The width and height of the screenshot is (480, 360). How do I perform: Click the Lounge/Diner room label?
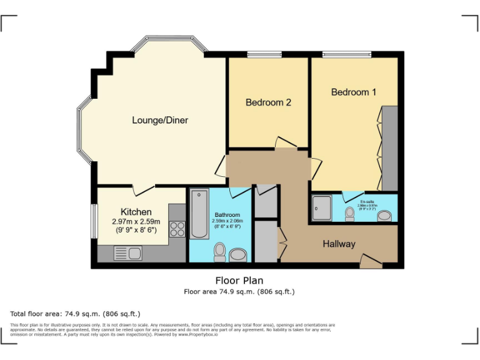[160, 120]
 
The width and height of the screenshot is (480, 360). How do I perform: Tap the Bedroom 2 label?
[268, 102]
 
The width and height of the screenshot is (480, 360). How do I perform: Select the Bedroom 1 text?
[354, 92]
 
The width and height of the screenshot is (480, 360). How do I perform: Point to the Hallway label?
[339, 244]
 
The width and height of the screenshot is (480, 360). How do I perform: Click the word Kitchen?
[136, 212]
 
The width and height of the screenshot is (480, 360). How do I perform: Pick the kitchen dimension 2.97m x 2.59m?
[136, 221]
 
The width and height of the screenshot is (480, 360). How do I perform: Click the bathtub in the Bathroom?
[199, 214]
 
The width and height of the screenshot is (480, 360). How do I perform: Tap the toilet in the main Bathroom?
[219, 252]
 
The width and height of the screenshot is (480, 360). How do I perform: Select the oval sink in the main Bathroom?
[238, 255]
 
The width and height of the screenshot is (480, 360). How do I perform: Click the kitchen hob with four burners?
[177, 229]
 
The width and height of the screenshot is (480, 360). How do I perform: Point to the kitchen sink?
[127, 253]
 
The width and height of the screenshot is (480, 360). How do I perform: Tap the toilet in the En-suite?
[350, 214]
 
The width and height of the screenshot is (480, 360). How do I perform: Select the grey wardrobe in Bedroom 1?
[390, 148]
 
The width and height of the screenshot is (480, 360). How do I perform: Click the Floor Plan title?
[239, 281]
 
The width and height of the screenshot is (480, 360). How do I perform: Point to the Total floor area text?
[75, 313]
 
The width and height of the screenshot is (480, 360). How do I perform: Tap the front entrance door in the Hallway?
[371, 261]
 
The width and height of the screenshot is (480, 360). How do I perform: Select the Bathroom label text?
[227, 215]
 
